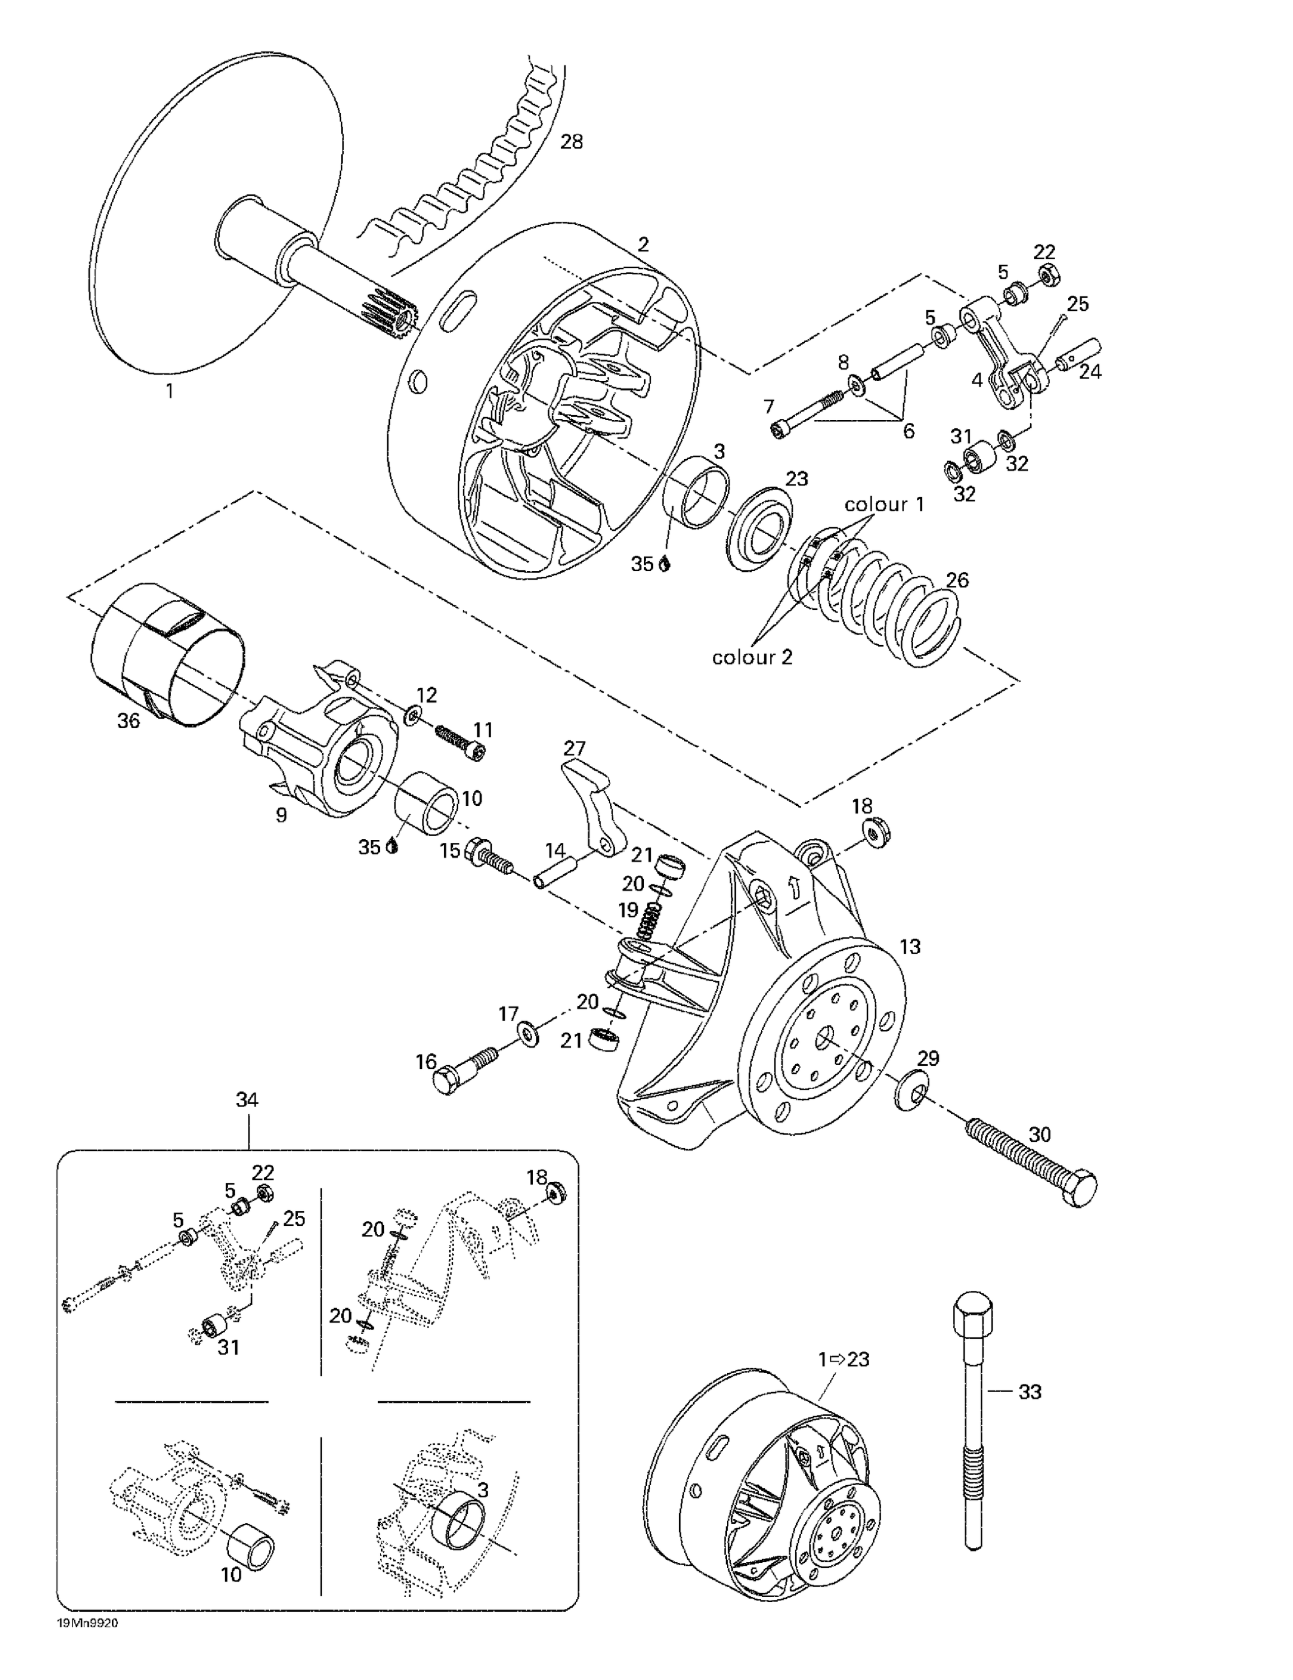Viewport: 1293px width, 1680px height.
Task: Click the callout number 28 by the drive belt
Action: (x=571, y=142)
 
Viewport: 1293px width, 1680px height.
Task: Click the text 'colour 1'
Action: (x=884, y=505)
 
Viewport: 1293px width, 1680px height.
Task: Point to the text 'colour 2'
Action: (x=751, y=657)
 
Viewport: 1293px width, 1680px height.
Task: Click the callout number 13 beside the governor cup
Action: (x=909, y=947)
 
